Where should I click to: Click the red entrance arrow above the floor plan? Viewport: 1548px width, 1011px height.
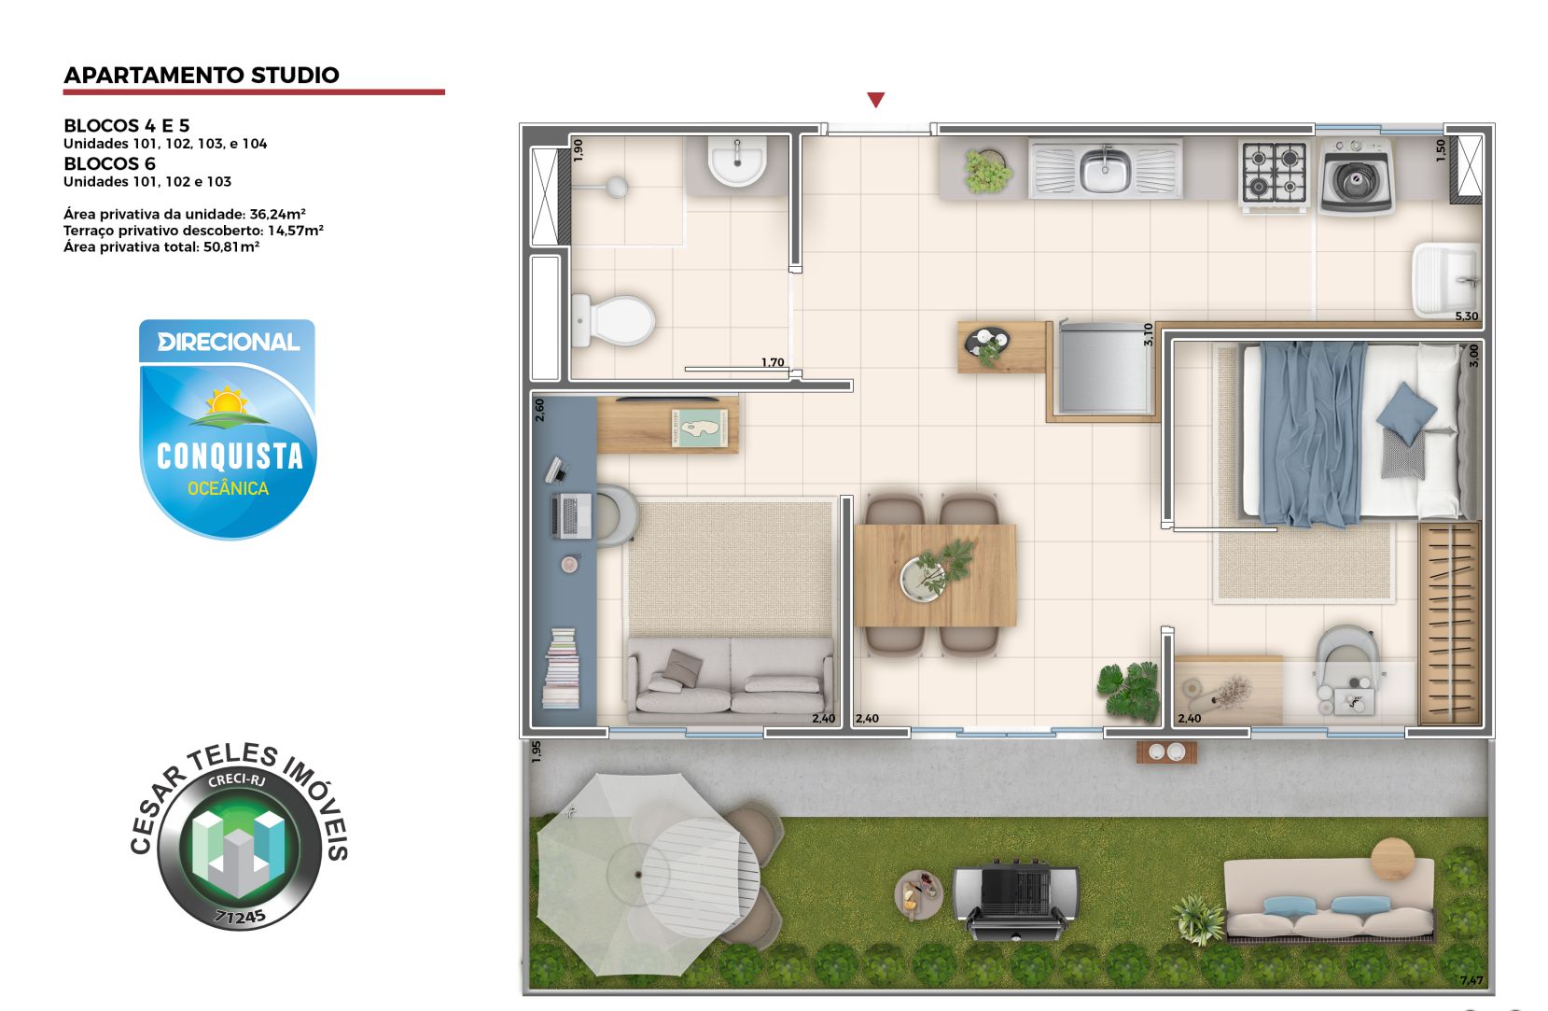click(x=875, y=100)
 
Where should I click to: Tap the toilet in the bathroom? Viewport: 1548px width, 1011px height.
click(x=613, y=320)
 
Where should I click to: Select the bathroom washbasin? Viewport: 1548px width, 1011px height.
click(x=737, y=161)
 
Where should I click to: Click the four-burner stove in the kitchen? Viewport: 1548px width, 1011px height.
click(x=1273, y=172)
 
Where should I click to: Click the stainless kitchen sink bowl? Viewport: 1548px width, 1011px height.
click(x=1106, y=171)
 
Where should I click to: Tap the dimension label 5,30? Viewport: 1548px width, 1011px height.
click(x=1466, y=316)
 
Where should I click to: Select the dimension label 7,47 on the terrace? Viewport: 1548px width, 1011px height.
click(x=1471, y=980)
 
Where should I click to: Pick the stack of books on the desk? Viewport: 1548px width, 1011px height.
click(x=561, y=668)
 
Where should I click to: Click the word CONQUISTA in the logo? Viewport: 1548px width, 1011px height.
click(x=230, y=456)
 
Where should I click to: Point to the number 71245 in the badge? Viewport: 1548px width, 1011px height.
click(x=240, y=917)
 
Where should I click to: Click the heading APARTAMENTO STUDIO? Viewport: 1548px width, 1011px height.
click(x=202, y=76)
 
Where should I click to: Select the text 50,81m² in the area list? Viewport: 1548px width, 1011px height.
click(x=231, y=247)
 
